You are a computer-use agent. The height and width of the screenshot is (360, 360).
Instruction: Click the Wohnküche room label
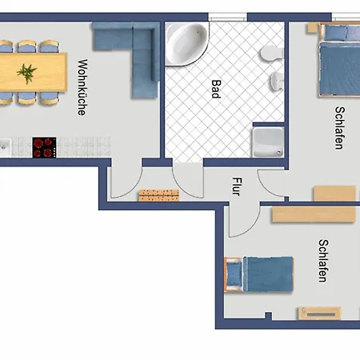[x=82, y=87]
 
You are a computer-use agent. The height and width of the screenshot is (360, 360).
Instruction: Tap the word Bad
[x=216, y=89]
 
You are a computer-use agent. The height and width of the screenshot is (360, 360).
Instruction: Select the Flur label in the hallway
[x=237, y=186]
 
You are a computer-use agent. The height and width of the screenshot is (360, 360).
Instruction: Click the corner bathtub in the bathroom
[x=186, y=43]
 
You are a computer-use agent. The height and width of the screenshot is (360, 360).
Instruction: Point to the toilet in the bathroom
[x=271, y=53]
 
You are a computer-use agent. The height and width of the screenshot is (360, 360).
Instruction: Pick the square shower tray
[x=268, y=142]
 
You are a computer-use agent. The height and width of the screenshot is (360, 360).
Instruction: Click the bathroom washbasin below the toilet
[x=278, y=81]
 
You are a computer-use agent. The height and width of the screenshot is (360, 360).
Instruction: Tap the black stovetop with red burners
[x=44, y=147]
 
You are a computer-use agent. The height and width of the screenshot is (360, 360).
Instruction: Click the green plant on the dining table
[x=26, y=73]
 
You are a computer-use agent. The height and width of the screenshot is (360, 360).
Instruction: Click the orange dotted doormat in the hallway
[x=159, y=195]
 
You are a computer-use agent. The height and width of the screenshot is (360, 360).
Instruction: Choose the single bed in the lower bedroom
[x=259, y=274]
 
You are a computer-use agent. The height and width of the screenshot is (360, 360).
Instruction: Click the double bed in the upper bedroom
[x=339, y=59]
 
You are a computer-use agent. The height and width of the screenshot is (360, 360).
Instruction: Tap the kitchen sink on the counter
[x=5, y=147]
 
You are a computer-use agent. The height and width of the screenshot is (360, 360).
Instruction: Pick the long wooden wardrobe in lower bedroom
[x=314, y=214]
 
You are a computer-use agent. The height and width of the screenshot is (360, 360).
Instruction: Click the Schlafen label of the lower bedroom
[x=323, y=261]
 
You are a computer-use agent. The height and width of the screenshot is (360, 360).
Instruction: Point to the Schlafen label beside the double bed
[x=340, y=128]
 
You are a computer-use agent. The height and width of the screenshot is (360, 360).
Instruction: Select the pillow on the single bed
[x=234, y=274]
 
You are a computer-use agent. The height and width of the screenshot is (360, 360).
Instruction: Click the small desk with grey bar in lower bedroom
[x=319, y=314]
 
